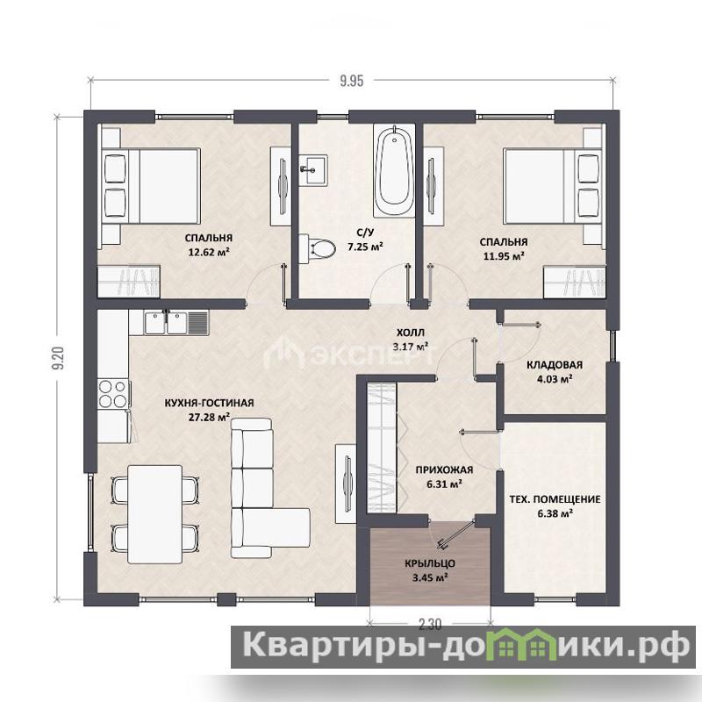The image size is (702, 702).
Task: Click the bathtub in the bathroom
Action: (x=394, y=171)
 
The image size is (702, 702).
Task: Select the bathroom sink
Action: (x=314, y=169)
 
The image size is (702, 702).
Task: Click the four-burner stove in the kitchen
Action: (x=114, y=393)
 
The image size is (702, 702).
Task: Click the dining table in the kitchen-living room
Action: (x=155, y=514)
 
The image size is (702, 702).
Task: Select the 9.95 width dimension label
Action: (x=352, y=81)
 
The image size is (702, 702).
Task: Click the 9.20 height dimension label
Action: (x=59, y=358)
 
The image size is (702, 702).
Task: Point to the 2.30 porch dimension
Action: (x=430, y=624)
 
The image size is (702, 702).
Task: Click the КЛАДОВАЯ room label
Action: (x=555, y=365)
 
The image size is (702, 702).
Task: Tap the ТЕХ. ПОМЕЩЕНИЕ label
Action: (x=555, y=499)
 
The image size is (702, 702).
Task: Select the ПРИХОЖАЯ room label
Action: (x=444, y=469)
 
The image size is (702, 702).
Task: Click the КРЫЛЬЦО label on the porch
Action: (x=430, y=563)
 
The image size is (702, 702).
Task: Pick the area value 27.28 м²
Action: (x=209, y=418)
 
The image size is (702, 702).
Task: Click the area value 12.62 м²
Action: (x=209, y=252)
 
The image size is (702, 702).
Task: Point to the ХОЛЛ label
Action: (x=411, y=333)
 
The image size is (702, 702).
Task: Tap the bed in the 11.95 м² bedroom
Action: (x=553, y=186)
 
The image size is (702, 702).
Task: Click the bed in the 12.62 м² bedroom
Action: (x=151, y=186)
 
